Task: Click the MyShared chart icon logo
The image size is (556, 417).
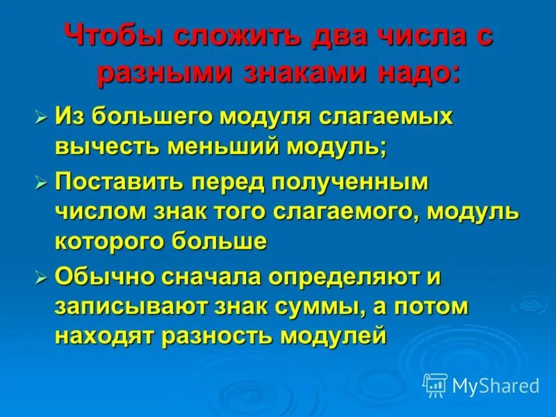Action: [x=435, y=384]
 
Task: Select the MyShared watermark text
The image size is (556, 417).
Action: [x=495, y=384]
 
